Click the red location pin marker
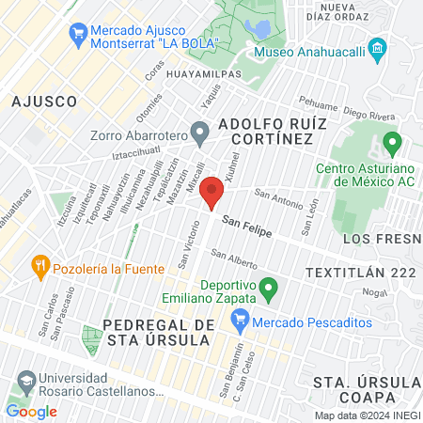[212, 193]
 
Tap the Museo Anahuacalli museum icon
[378, 48]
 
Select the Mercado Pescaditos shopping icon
[240, 321]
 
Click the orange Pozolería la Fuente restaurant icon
[39, 264]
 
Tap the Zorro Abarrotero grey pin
[198, 131]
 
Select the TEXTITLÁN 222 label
[360, 272]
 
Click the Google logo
[31, 411]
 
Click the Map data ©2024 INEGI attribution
[365, 415]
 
